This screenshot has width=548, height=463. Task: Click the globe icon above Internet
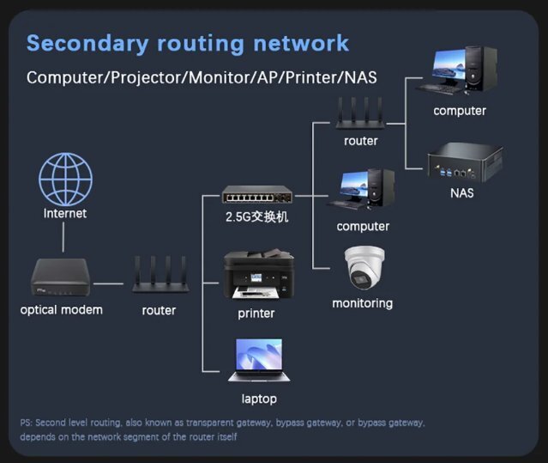tap(65, 179)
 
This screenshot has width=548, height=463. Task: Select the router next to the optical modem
tap(159, 277)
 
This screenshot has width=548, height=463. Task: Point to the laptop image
tap(258, 360)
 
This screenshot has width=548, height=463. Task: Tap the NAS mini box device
tap(463, 161)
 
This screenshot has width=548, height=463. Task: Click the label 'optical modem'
tap(62, 309)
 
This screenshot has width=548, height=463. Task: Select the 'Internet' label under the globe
tap(65, 213)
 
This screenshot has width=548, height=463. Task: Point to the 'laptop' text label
tap(259, 399)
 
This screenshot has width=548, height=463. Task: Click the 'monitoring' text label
tap(363, 302)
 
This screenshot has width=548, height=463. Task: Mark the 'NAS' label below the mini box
tap(461, 192)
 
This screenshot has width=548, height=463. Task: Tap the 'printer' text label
tap(256, 313)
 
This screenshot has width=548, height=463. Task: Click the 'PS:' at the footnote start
tap(26, 423)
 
